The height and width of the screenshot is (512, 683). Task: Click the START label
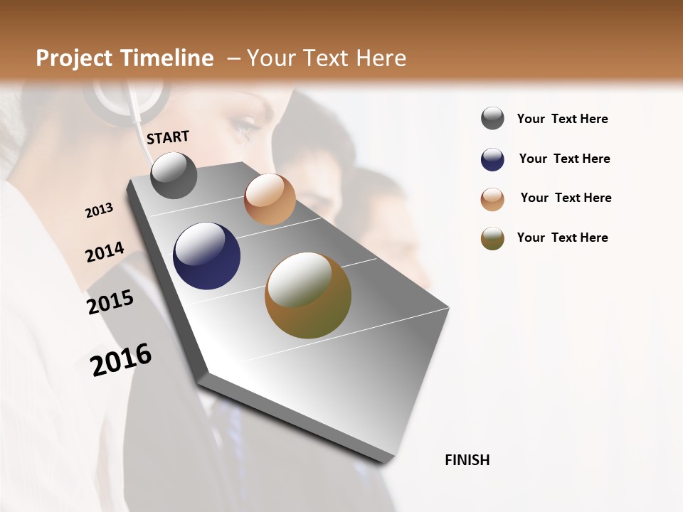tap(168, 137)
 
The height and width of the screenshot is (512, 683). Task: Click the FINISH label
tap(467, 460)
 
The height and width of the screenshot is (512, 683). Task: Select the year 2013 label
tap(99, 210)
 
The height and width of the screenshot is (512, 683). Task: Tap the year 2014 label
tap(105, 252)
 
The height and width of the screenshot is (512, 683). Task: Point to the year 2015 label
tap(110, 302)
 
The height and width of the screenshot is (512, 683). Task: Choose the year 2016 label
tap(121, 359)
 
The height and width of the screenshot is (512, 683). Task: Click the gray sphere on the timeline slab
tap(174, 176)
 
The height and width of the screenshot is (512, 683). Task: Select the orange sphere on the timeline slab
tap(270, 199)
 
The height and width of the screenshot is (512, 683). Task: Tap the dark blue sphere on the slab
tap(207, 256)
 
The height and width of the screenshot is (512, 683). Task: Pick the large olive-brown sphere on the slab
tap(308, 295)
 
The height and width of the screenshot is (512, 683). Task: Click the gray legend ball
tap(492, 119)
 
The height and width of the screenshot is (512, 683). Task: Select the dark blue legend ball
tap(492, 159)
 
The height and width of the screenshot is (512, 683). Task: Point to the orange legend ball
tap(492, 199)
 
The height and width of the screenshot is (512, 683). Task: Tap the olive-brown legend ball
tap(492, 238)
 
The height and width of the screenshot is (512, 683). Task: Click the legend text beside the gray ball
tap(562, 119)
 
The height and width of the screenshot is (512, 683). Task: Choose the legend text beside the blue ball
tap(564, 159)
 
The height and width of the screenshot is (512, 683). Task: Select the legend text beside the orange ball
tap(566, 198)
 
